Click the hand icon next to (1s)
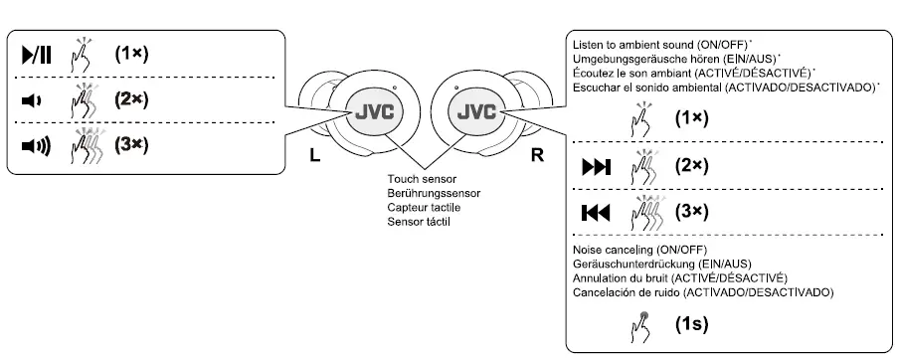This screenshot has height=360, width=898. pyautogui.click(x=638, y=323)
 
